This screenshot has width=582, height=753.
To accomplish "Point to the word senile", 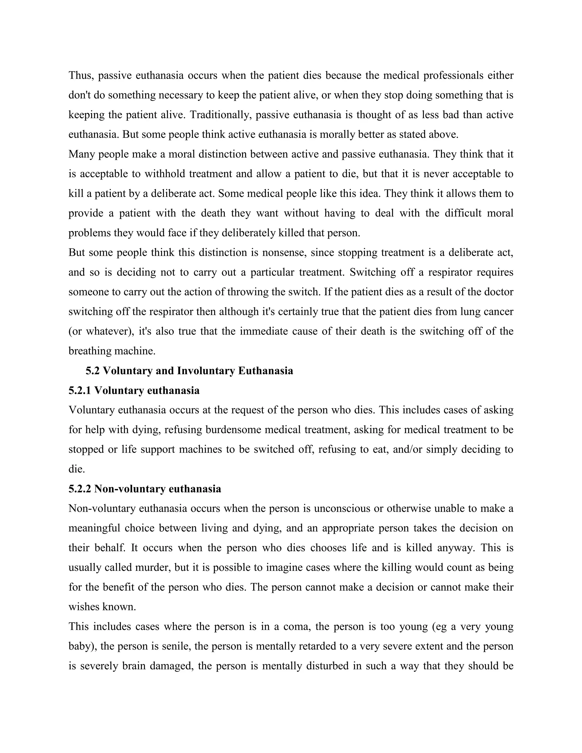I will [x=176, y=646].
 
